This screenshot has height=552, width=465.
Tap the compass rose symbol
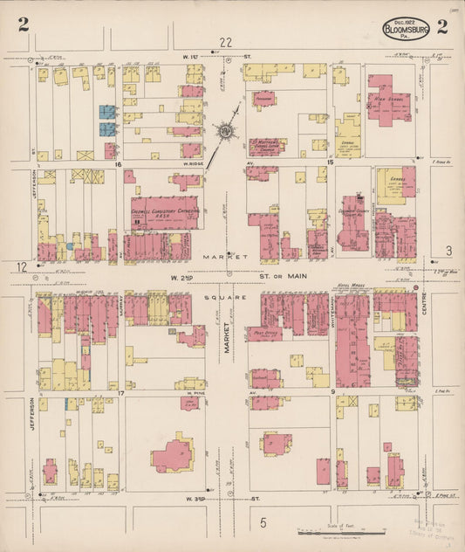point(227,131)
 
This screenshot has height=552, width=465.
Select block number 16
point(115,163)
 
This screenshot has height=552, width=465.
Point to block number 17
point(121,394)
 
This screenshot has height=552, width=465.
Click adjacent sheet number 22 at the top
point(227,42)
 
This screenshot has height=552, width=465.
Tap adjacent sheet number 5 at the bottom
point(263,522)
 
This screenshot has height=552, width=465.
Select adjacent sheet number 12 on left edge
point(21,266)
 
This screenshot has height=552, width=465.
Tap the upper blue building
point(107,112)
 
